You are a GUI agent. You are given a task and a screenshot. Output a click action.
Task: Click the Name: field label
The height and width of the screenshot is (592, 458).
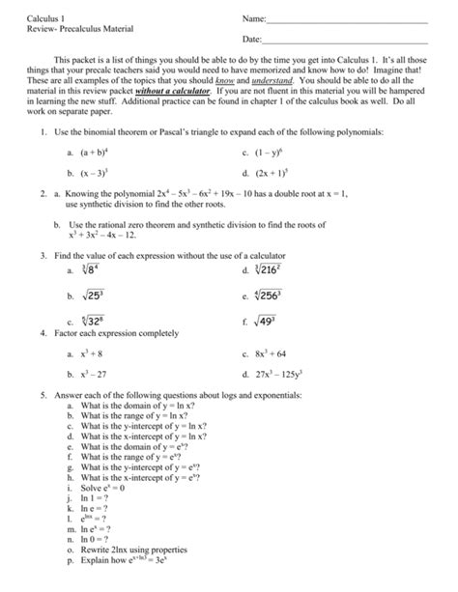coord(248,18)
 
